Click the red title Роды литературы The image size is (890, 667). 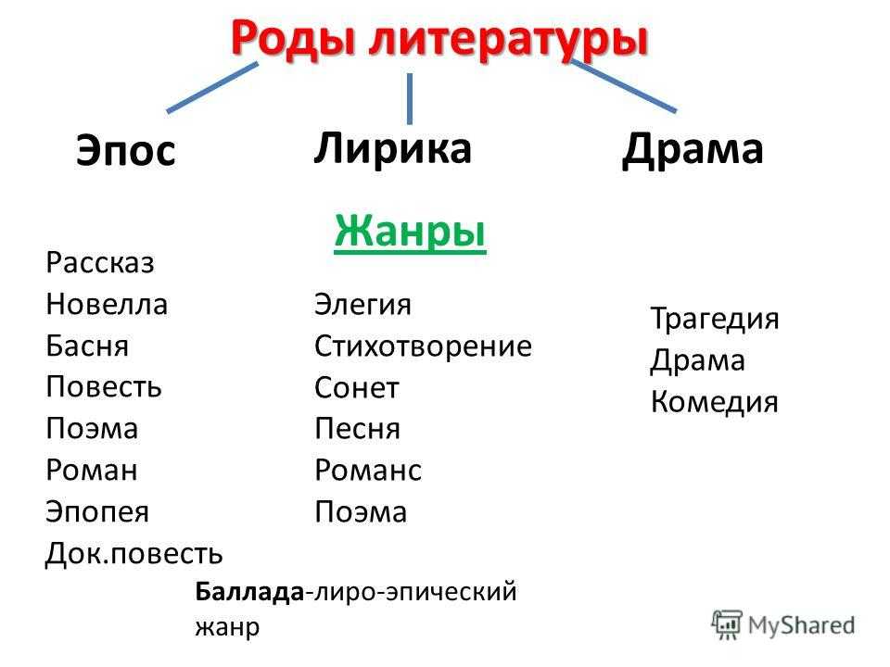point(439,40)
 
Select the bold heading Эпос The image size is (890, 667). point(126,150)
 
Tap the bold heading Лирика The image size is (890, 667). point(392,148)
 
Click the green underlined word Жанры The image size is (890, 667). point(410,232)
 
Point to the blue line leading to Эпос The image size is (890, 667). point(212,87)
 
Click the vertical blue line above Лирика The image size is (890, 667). point(409,99)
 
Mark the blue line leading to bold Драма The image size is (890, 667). point(623,85)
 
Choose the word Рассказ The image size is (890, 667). point(100,262)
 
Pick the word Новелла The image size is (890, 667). point(107,304)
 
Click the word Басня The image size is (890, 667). point(87,346)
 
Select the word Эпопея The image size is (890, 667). point(97,511)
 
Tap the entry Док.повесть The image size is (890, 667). point(133,553)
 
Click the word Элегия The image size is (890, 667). point(362,304)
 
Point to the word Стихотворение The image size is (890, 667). point(424,346)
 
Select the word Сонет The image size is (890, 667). point(357,388)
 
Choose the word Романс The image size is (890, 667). point(368,471)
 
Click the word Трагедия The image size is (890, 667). point(715,318)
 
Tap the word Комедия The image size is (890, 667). point(715,402)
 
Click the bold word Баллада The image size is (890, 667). point(249,592)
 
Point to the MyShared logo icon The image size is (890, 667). point(727,625)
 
